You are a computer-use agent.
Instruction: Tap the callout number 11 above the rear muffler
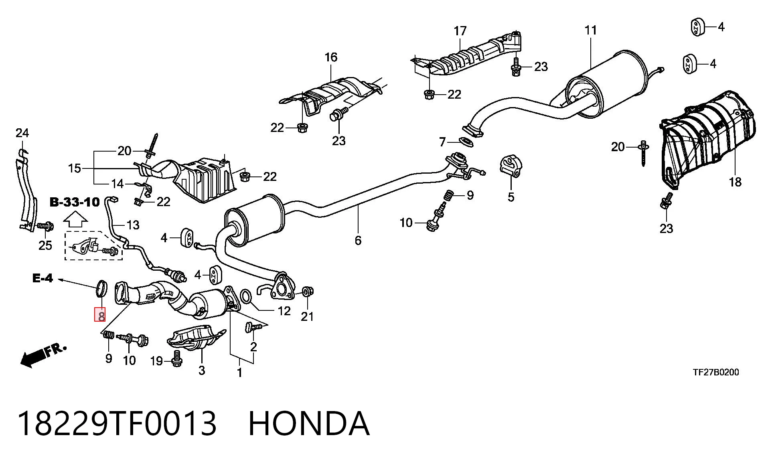(591, 30)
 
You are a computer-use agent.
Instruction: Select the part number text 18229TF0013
(117, 423)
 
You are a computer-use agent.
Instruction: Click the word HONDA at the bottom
(309, 423)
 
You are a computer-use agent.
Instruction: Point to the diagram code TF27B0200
(716, 372)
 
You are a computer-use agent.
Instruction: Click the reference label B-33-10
(75, 202)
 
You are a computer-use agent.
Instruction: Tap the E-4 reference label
(43, 278)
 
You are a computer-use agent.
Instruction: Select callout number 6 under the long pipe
(358, 240)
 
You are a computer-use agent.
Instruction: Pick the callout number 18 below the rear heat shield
(735, 182)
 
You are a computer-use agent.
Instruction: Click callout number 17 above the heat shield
(460, 31)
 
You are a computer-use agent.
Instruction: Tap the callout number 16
(331, 57)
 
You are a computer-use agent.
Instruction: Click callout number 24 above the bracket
(22, 133)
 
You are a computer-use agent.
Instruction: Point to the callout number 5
(511, 197)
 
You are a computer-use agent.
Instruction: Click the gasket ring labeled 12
(246, 297)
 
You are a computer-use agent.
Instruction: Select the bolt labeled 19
(176, 359)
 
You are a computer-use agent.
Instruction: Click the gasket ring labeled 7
(466, 142)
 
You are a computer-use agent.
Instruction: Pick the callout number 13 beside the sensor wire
(133, 225)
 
